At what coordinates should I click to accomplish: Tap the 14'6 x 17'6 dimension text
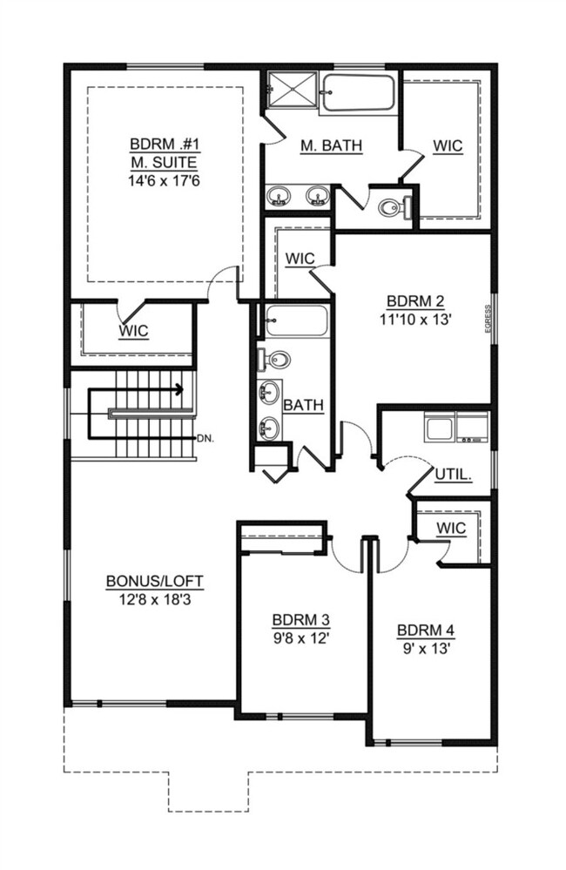(x=163, y=180)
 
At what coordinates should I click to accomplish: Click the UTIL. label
(x=454, y=476)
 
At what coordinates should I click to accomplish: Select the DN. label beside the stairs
(x=206, y=437)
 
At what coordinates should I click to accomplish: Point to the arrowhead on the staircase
(x=179, y=389)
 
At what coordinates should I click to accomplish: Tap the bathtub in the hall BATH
(x=296, y=320)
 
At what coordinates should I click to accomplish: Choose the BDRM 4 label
(x=425, y=631)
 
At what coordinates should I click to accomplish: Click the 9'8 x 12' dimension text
(x=300, y=637)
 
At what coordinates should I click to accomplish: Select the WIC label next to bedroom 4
(x=451, y=528)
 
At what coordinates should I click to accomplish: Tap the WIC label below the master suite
(x=133, y=331)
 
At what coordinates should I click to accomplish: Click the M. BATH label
(x=331, y=146)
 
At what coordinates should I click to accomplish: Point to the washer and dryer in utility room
(x=455, y=428)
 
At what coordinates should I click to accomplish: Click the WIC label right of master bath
(x=448, y=145)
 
